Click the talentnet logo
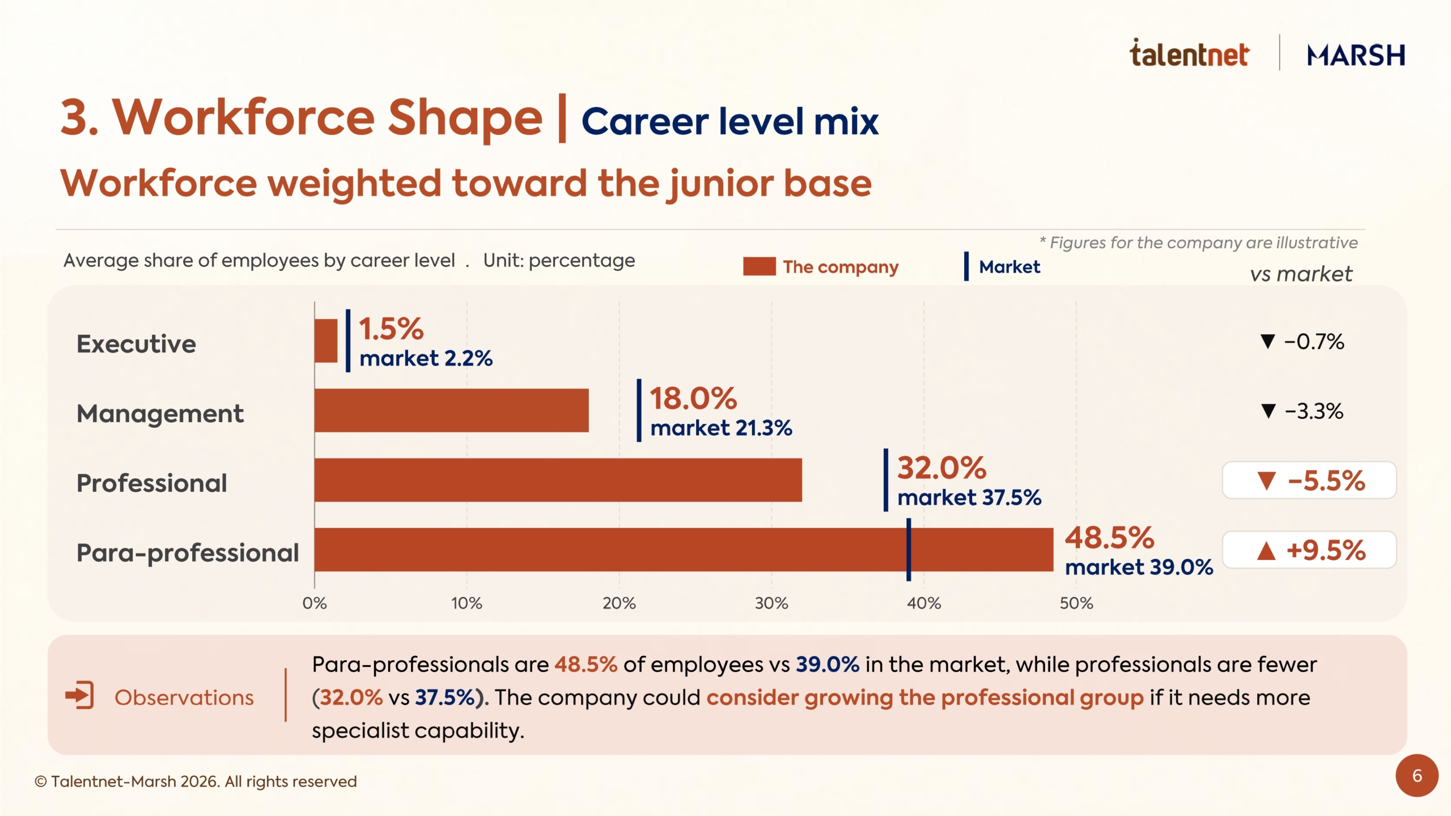tap(1189, 53)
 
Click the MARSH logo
tap(1356, 55)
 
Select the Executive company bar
tap(326, 341)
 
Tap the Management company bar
tap(452, 410)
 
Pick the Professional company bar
tap(558, 480)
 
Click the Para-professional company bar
tap(684, 550)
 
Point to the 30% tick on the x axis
tap(771, 603)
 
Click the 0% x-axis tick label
tap(315, 603)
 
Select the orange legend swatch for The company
tap(760, 266)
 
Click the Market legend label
tap(1009, 266)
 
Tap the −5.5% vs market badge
tap(1309, 481)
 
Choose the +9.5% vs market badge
tap(1309, 550)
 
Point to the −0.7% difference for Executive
tap(1302, 342)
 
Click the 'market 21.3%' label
tap(721, 428)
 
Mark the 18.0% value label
tap(693, 398)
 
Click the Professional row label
tap(152, 483)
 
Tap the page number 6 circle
tap(1417, 775)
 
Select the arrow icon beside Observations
tap(79, 695)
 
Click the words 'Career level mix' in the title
tap(730, 121)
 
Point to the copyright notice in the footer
tap(196, 781)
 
